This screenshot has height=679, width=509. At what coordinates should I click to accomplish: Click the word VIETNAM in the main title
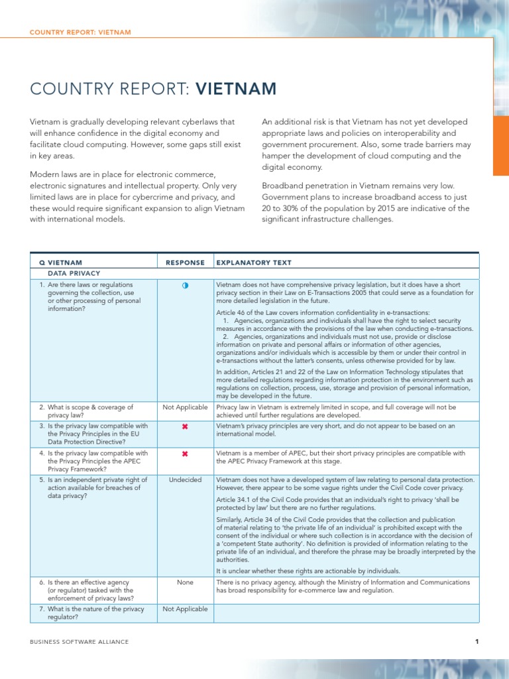[x=235, y=89]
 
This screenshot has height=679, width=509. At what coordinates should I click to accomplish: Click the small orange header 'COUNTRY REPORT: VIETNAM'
[x=80, y=32]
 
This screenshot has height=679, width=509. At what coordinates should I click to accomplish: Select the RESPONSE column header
[x=185, y=263]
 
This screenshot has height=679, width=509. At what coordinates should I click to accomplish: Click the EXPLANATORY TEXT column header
[x=254, y=263]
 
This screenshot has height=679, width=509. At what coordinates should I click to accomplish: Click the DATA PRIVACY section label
[x=74, y=273]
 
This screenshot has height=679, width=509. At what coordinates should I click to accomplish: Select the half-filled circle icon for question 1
[x=185, y=285]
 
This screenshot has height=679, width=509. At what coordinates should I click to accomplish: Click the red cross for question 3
[x=185, y=426]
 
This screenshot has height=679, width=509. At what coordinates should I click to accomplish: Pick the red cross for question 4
[x=185, y=454]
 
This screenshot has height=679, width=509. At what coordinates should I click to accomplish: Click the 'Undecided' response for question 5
[x=185, y=479]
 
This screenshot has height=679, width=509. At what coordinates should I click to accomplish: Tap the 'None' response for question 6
[x=185, y=582]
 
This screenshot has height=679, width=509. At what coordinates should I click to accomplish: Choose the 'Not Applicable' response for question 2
[x=185, y=407]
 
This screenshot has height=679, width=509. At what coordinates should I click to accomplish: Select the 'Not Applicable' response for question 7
[x=185, y=609]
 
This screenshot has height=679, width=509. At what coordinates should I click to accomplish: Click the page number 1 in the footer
[x=477, y=641]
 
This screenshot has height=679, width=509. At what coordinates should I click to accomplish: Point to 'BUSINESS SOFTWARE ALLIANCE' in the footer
[x=80, y=642]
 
